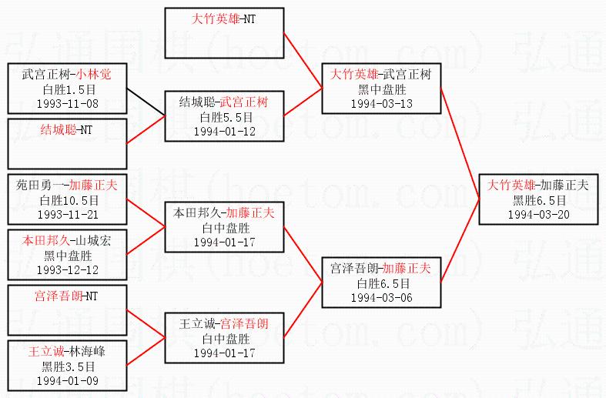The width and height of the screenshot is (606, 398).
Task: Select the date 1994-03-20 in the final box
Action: tap(538, 213)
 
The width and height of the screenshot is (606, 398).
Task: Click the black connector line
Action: tap(146, 99)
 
